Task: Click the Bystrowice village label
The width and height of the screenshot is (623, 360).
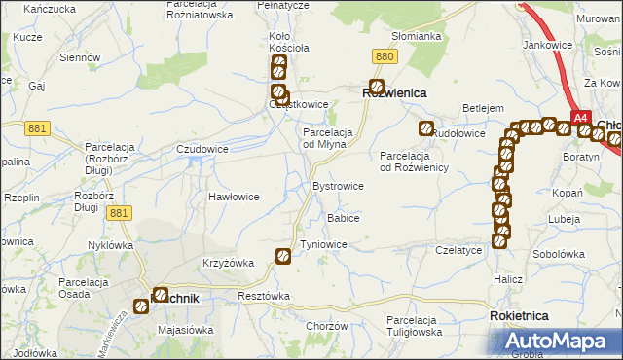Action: pyautogui.click(x=338, y=185)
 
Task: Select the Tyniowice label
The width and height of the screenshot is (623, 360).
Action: pyautogui.click(x=324, y=244)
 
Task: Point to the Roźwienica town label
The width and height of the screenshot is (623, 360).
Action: pyautogui.click(x=396, y=92)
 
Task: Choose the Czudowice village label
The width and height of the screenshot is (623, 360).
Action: pyautogui.click(x=202, y=149)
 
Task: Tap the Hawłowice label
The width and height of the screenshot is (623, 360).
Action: pyautogui.click(x=234, y=196)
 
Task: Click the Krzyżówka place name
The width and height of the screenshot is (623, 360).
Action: pyautogui.click(x=228, y=263)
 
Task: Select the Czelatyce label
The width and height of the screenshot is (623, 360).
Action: pyautogui.click(x=459, y=250)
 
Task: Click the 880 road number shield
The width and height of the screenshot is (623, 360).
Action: pyautogui.click(x=385, y=58)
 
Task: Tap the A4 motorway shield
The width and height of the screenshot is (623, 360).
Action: pyautogui.click(x=581, y=118)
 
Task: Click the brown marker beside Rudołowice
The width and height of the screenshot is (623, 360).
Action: pyautogui.click(x=425, y=128)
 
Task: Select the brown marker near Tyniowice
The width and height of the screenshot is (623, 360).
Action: pyautogui.click(x=283, y=257)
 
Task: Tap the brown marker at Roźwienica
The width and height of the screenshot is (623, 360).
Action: pyautogui.click(x=376, y=87)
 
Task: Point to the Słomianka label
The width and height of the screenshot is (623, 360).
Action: pyautogui.click(x=417, y=36)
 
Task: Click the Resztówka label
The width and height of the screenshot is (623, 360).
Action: pyautogui.click(x=264, y=295)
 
